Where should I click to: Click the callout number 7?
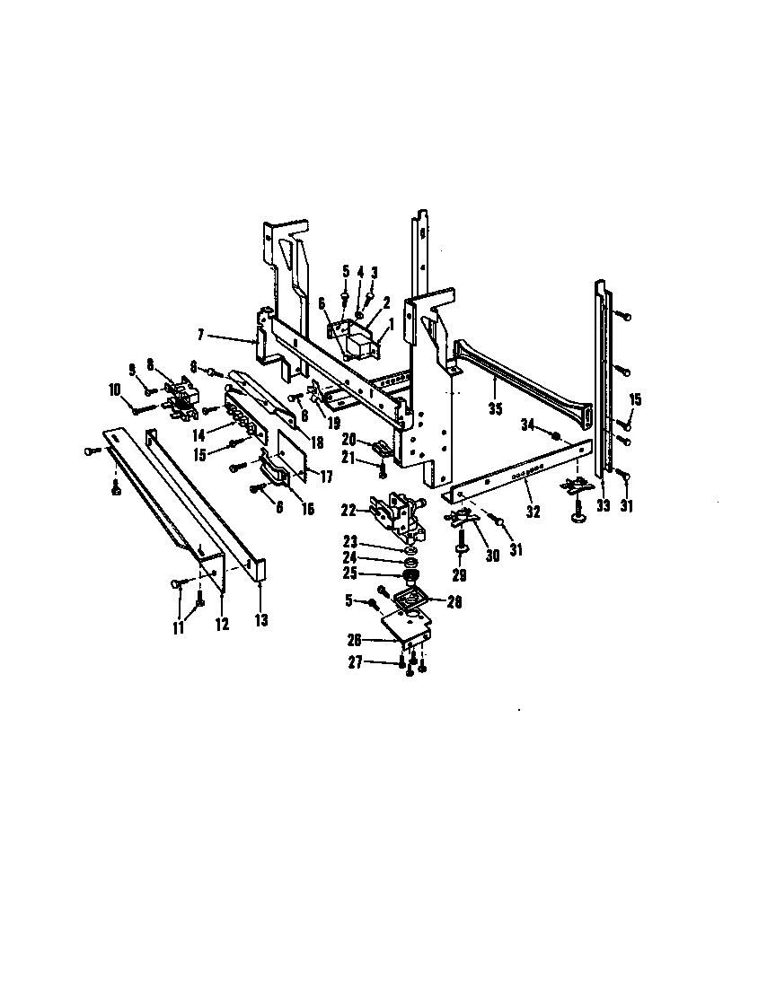[x=203, y=335]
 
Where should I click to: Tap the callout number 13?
[x=261, y=618]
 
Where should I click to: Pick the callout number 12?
[x=221, y=624]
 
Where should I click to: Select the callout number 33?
[x=603, y=506]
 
